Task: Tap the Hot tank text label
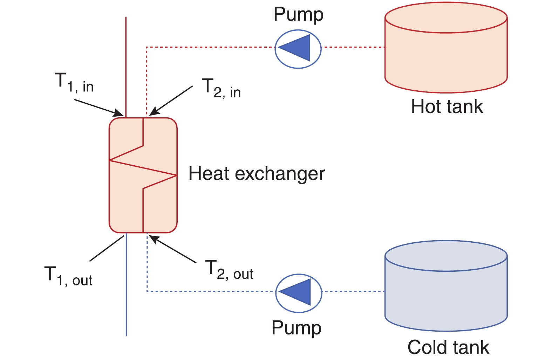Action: (x=447, y=106)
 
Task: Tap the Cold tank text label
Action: (x=448, y=347)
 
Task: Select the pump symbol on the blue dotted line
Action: (x=298, y=292)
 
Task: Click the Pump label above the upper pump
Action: (x=298, y=15)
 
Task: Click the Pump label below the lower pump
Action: (x=297, y=328)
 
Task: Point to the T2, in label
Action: (x=221, y=89)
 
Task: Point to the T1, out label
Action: (x=69, y=276)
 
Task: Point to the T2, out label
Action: (x=229, y=270)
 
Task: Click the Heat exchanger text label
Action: (x=257, y=174)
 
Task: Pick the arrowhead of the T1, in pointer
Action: (x=119, y=113)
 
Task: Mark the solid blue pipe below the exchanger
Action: (x=126, y=287)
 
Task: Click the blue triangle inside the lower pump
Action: (x=298, y=292)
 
